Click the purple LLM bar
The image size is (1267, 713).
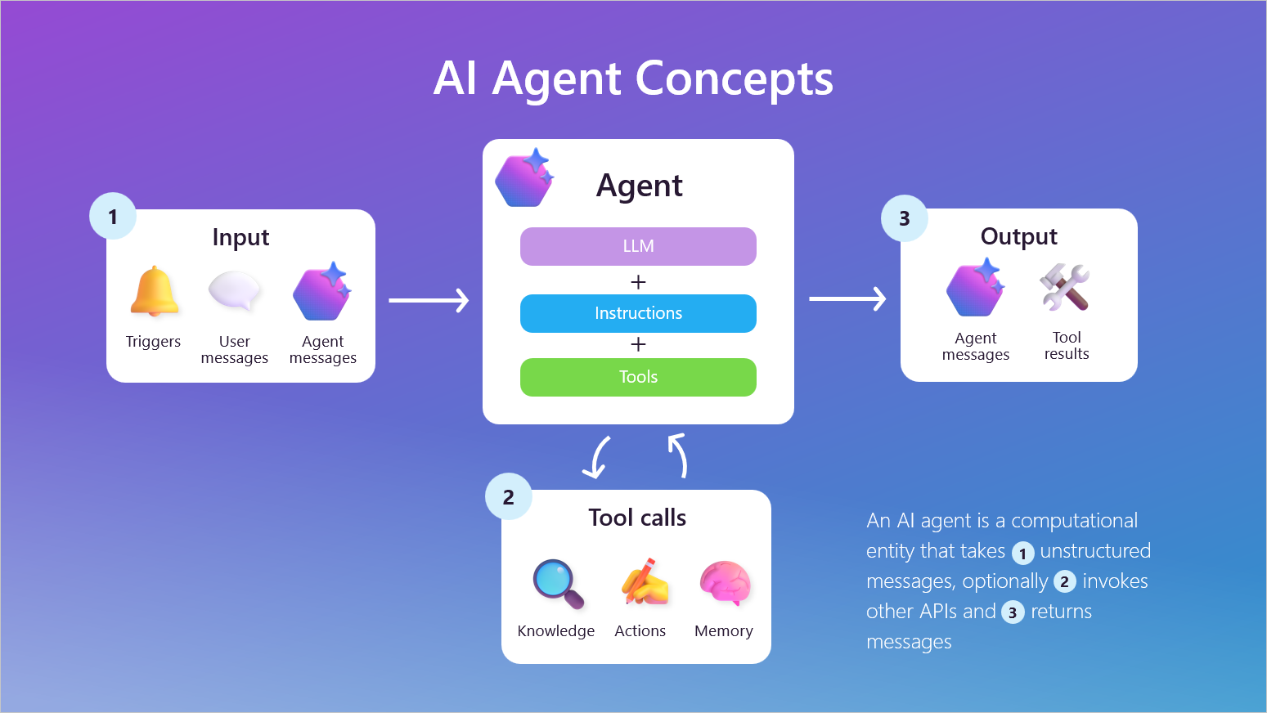tap(638, 246)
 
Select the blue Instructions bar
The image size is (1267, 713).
tap(638, 313)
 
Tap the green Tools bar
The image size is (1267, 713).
tap(638, 377)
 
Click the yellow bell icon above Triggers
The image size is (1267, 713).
tap(154, 292)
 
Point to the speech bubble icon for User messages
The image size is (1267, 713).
tap(235, 291)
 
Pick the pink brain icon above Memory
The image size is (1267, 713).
tap(725, 582)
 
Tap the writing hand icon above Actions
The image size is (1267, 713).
tap(645, 582)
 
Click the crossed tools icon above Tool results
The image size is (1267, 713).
tap(1065, 287)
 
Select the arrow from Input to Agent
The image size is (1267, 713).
tap(429, 300)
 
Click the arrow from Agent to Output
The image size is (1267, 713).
tap(847, 298)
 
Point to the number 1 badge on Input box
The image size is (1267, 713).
tap(113, 217)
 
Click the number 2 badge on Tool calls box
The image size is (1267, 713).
tap(509, 497)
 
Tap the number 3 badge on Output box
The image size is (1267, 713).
tap(905, 218)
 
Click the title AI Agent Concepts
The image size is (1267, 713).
tap(633, 78)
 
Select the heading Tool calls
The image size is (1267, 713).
tap(637, 518)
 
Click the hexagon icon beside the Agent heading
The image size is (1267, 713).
tap(525, 178)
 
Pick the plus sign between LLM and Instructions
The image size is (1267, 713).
tap(638, 282)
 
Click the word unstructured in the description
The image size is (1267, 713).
tap(1095, 551)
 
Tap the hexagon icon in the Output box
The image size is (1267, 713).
tap(975, 288)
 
